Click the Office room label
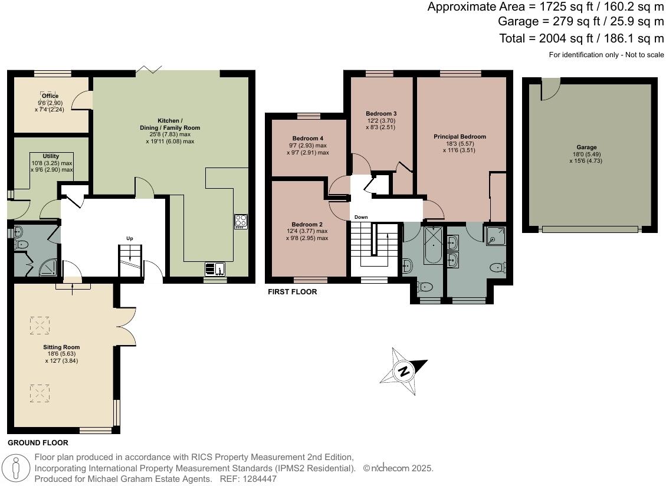(50, 96)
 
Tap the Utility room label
(51, 156)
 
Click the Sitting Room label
(61, 347)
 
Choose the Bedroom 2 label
(307, 225)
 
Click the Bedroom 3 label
(380, 114)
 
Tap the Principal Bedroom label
(460, 137)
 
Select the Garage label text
(586, 147)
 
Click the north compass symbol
(403, 371)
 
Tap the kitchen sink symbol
(215, 269)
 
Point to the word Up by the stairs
(129, 239)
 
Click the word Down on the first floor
(361, 217)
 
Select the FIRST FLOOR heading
(292, 292)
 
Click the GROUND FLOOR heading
(38, 442)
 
